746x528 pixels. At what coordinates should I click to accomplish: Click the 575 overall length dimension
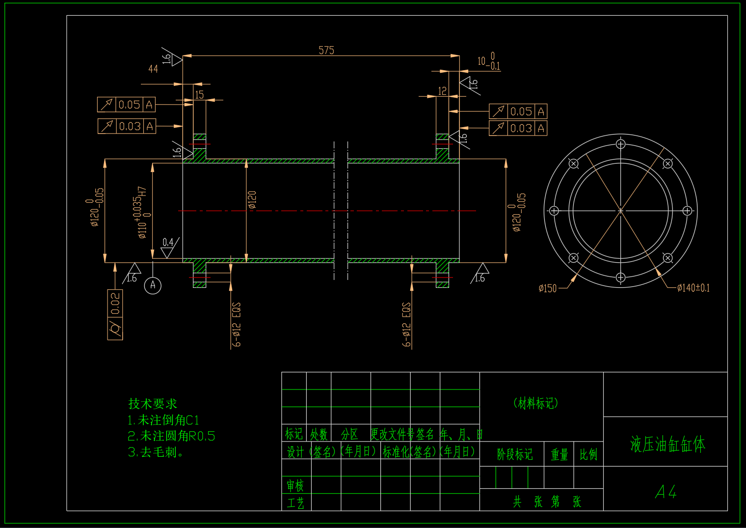tap(326, 51)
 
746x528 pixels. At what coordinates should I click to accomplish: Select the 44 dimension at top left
tap(153, 69)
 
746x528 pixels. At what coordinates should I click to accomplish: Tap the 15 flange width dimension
tap(199, 95)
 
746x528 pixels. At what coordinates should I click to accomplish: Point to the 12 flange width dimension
tap(442, 91)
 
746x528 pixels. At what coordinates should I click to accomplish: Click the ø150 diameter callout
tap(548, 289)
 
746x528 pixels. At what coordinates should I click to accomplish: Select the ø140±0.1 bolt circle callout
tap(693, 288)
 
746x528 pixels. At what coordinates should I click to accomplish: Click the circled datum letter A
tap(153, 285)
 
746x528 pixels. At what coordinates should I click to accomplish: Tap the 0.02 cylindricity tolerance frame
tap(115, 314)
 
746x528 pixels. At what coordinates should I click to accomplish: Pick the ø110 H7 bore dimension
tap(142, 212)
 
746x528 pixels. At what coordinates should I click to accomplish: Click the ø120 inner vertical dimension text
tap(252, 200)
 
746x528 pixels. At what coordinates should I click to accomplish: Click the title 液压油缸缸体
tap(667, 445)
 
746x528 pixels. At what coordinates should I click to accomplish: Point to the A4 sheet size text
tap(666, 492)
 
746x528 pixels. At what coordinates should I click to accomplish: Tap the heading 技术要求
tap(153, 404)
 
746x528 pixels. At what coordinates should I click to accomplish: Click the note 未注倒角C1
tap(163, 420)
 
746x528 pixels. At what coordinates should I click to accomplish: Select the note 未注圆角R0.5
tap(171, 436)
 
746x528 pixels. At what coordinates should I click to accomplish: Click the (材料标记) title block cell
tap(535, 404)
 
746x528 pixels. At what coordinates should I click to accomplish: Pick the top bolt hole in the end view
tap(621, 144)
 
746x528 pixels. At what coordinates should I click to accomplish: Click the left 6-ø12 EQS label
tap(237, 325)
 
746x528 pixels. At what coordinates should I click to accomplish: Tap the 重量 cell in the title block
tap(559, 455)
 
